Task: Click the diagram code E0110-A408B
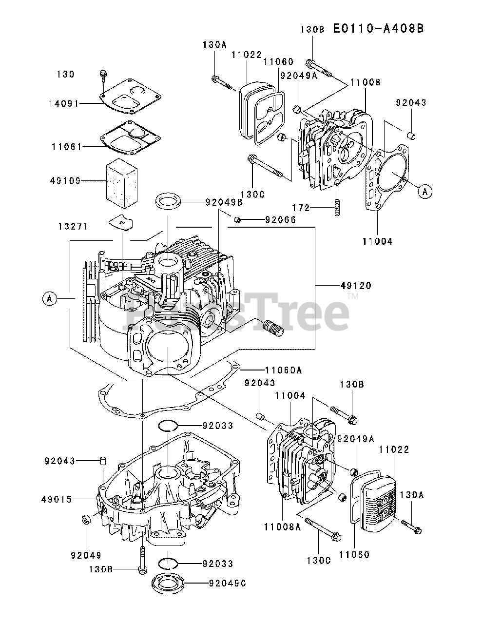[x=378, y=28]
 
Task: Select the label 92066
[x=280, y=220]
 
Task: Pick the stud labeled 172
[x=336, y=208]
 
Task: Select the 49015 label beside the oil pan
[x=58, y=499]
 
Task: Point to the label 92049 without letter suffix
[x=86, y=555]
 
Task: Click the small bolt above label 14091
[x=103, y=75]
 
